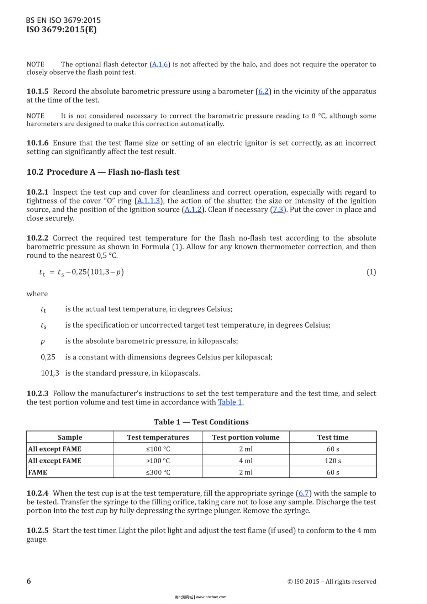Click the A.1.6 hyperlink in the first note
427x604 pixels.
[160, 64]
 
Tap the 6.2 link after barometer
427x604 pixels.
[263, 91]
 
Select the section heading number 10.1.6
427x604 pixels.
[37, 143]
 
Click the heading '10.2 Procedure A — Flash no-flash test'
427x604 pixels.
[103, 172]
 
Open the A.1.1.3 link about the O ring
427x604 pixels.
[149, 201]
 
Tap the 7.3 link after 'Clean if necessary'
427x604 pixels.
[278, 210]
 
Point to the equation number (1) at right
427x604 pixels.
[371, 272]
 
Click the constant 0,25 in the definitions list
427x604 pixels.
[48, 357]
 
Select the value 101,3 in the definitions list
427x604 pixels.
[50, 373]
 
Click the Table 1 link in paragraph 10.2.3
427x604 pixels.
[230, 402]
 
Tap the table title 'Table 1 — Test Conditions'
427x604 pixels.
[201, 422]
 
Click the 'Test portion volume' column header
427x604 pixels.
[246, 438]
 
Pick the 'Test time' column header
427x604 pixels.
[333, 438]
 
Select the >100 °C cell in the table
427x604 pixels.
[158, 461]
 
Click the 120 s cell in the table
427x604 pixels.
[333, 461]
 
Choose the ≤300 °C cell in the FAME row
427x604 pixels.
[158, 473]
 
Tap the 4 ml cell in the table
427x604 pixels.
[246, 461]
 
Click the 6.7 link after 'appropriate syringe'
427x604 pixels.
[304, 493]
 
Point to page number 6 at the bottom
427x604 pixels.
[29, 581]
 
